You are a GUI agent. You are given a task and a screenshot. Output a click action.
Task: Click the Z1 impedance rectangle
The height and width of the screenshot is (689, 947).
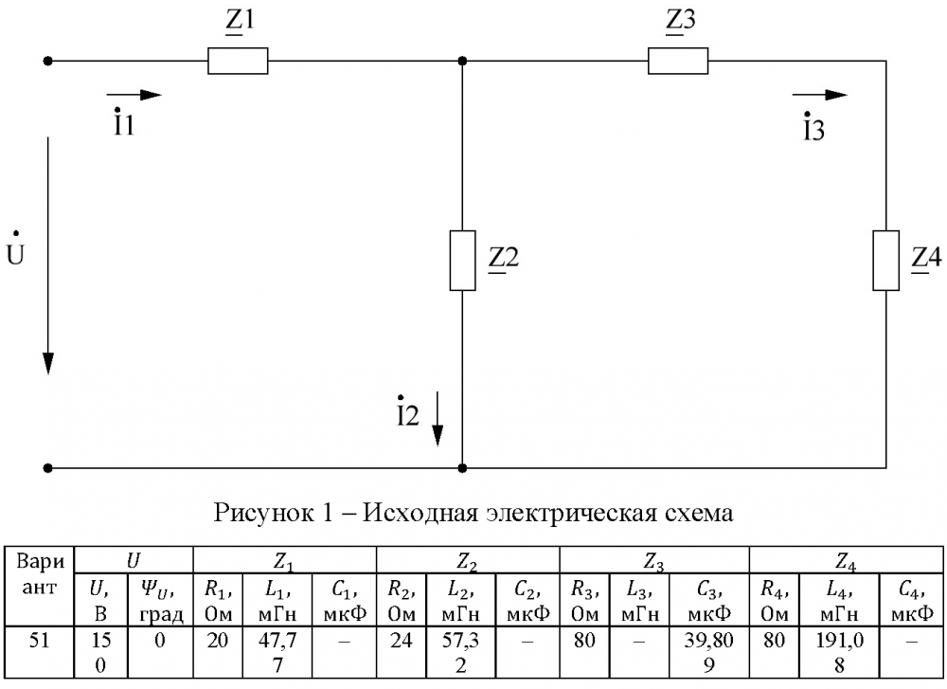pyautogui.click(x=238, y=61)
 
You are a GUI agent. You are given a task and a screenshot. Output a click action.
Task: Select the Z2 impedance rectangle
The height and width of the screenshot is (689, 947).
pyautogui.click(x=463, y=261)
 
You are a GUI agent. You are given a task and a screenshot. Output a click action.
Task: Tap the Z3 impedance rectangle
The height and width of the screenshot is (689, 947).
pyautogui.click(x=678, y=61)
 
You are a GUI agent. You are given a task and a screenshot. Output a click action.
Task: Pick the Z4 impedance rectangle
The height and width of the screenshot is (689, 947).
pyautogui.click(x=886, y=261)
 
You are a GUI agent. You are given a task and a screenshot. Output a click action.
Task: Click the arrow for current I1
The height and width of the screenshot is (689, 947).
pyautogui.click(x=134, y=95)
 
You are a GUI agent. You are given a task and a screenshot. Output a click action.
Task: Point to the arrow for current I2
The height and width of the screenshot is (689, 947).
pyautogui.click(x=438, y=419)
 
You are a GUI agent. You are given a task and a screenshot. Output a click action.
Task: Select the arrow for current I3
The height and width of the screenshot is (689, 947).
pyautogui.click(x=819, y=95)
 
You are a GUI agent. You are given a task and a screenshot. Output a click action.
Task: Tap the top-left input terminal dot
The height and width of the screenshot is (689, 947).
pyautogui.click(x=48, y=61)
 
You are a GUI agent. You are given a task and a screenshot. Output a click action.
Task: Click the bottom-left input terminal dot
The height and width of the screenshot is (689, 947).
pyautogui.click(x=48, y=468)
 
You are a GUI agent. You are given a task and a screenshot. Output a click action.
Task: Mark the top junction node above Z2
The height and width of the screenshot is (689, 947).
pyautogui.click(x=463, y=61)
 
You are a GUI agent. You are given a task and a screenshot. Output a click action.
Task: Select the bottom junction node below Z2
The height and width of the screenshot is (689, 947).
pyautogui.click(x=463, y=468)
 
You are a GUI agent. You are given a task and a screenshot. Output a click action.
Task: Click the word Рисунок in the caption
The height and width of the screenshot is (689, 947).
pyautogui.click(x=263, y=513)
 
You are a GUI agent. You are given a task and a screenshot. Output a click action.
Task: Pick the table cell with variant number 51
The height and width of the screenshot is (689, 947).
pyautogui.click(x=39, y=652)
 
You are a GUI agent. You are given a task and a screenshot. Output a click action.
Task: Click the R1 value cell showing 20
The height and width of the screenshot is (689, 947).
pyautogui.click(x=218, y=652)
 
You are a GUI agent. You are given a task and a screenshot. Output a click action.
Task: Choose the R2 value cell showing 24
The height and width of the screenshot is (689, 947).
pyautogui.click(x=401, y=652)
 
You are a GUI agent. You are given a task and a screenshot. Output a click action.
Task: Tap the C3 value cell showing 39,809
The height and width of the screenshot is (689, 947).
pyautogui.click(x=709, y=652)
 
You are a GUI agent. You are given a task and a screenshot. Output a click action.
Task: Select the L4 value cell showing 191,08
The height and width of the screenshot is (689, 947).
pyautogui.click(x=839, y=652)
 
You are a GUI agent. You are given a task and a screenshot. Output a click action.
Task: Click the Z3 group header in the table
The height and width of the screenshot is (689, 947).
pyautogui.click(x=654, y=560)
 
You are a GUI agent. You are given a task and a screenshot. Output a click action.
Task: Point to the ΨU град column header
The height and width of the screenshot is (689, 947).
pyautogui.click(x=160, y=600)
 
